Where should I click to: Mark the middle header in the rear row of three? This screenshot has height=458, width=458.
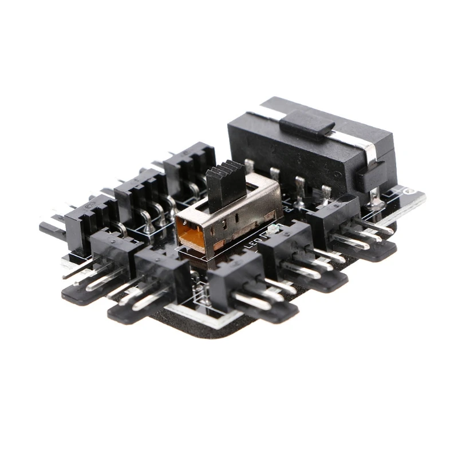[137, 188]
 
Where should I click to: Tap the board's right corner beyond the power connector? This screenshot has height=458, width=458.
[414, 197]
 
